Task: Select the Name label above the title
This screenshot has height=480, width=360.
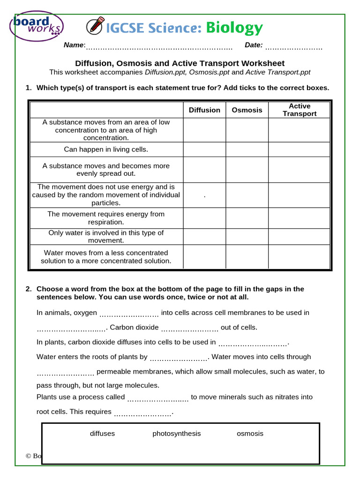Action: point(74,45)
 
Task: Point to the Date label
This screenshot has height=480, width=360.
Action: point(254,45)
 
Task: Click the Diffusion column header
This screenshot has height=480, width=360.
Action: point(204,110)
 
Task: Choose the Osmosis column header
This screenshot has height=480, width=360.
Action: point(247,110)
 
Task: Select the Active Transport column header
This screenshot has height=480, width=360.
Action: point(300,110)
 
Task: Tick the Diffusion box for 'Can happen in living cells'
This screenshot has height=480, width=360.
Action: point(204,150)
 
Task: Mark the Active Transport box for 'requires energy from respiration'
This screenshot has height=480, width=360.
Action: point(300,218)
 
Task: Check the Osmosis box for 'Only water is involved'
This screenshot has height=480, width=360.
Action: point(247,237)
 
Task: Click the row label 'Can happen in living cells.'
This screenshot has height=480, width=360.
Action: point(106,150)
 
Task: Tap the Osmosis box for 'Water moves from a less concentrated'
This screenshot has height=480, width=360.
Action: point(247,257)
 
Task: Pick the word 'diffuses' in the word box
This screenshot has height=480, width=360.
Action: point(102,434)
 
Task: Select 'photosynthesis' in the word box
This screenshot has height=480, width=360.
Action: point(176,434)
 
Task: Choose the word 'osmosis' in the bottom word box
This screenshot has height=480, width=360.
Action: point(250,434)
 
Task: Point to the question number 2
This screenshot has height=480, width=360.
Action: point(28,289)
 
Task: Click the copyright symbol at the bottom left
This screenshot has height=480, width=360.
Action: point(28,456)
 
